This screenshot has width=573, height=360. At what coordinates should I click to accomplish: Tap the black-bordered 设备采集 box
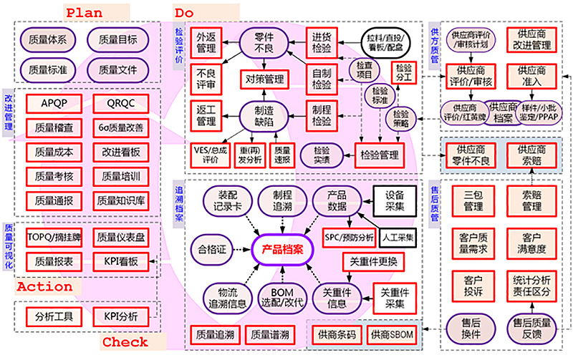click(x=394, y=200)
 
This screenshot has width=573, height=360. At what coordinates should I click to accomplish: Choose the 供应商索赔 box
click(x=531, y=155)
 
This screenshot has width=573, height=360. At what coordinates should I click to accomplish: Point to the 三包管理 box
click(x=473, y=201)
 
